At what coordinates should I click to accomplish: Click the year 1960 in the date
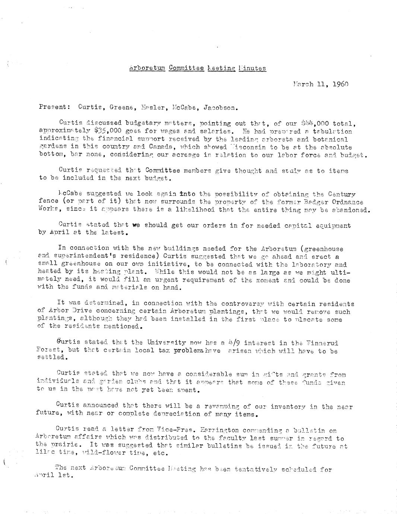click(340, 84)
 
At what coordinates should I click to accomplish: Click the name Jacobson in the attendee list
click(220, 107)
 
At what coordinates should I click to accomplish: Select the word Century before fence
click(342, 194)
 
